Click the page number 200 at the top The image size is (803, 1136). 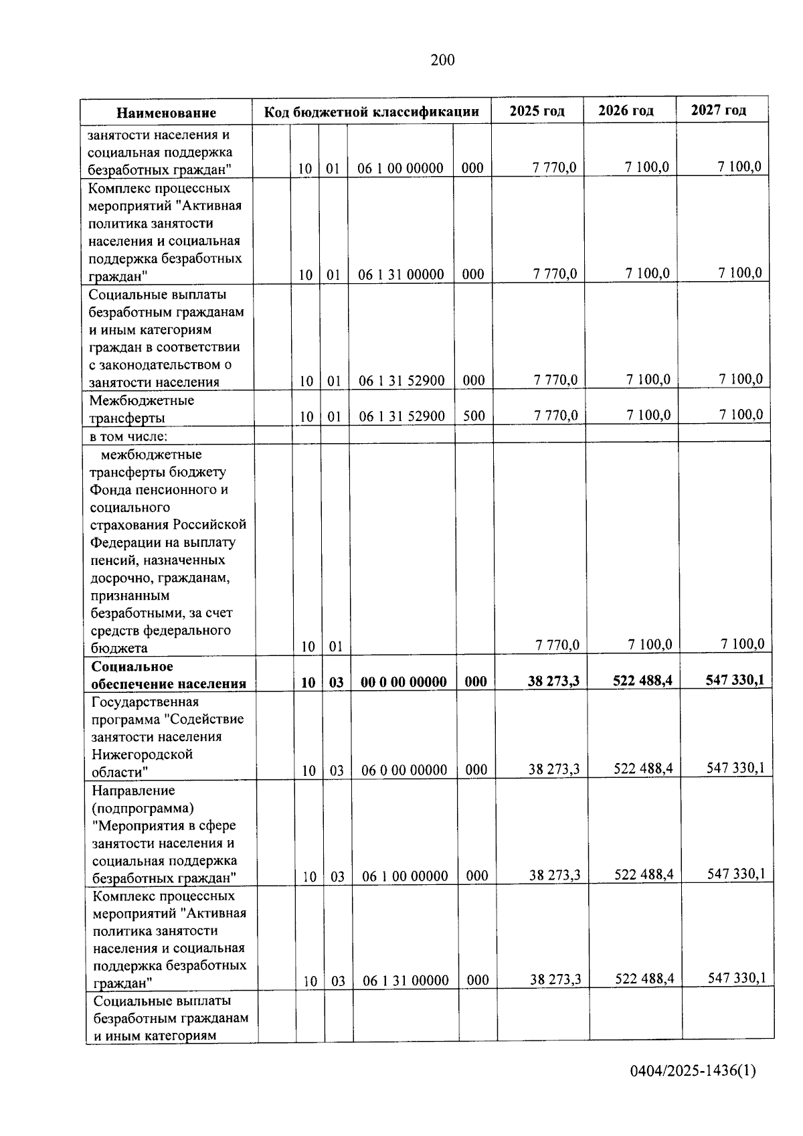442,61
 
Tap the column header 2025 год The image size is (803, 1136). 537,111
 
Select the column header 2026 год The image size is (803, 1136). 626,110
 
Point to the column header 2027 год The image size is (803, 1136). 718,110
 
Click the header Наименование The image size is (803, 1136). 167,113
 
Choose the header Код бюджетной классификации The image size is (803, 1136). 371,112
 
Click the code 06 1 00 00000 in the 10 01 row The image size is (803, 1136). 400,169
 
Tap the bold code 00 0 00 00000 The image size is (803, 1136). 404,682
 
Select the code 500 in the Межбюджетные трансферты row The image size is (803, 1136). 474,416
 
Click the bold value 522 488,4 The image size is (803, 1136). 642,681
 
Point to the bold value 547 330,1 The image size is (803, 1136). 735,680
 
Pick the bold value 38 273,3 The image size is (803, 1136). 553,681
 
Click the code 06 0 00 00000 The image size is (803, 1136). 404,770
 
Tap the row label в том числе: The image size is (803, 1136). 128,436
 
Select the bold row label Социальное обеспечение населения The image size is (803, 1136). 169,675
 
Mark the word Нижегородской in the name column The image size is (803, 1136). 142,754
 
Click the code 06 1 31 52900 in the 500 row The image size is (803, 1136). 401,416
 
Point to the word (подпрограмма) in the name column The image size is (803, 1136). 143,808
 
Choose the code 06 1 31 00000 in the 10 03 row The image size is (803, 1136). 406,981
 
